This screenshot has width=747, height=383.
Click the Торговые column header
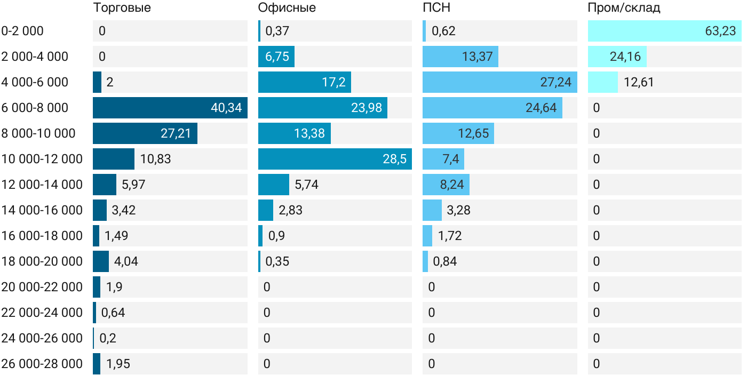[122, 8]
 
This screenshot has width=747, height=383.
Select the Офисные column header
[287, 8]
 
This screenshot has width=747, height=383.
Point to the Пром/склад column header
[624, 8]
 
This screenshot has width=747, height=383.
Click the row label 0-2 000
[22, 31]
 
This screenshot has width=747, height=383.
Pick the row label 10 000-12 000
[42, 159]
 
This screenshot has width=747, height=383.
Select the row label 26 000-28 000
[42, 364]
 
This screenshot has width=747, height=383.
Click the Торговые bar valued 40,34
[170, 108]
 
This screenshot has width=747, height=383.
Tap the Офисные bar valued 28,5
[335, 159]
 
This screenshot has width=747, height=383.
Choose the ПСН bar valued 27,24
[499, 82]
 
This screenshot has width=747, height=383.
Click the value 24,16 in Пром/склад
[625, 57]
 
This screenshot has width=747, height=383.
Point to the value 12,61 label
[639, 82]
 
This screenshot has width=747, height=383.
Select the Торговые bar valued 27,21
[145, 133]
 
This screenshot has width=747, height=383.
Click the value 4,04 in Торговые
[126, 261]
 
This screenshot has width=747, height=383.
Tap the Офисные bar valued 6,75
[276, 57]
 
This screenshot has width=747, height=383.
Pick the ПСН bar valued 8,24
[446, 185]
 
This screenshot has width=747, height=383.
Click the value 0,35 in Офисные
[277, 261]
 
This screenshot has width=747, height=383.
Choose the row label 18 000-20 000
[42, 261]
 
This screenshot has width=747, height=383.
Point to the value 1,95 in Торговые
[118, 364]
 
